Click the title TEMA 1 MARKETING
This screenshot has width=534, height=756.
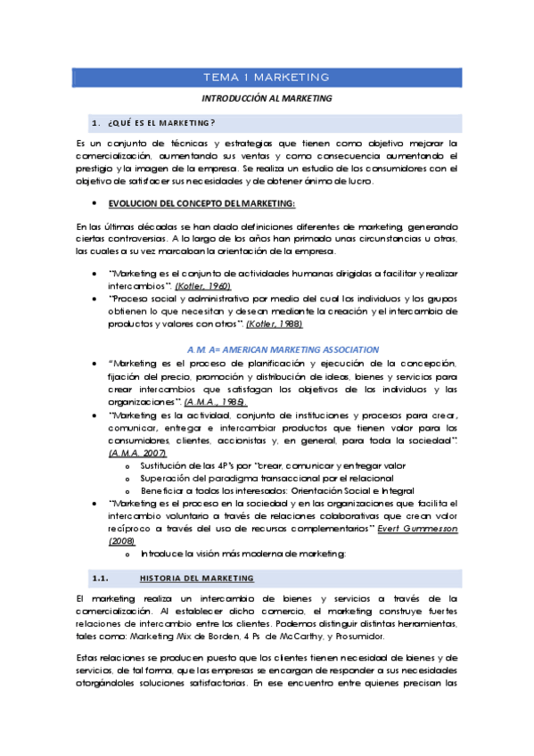pyautogui.click(x=267, y=78)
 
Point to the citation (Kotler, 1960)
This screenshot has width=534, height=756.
pyautogui.click(x=202, y=286)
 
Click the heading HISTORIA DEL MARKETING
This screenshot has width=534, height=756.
pyautogui.click(x=196, y=578)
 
